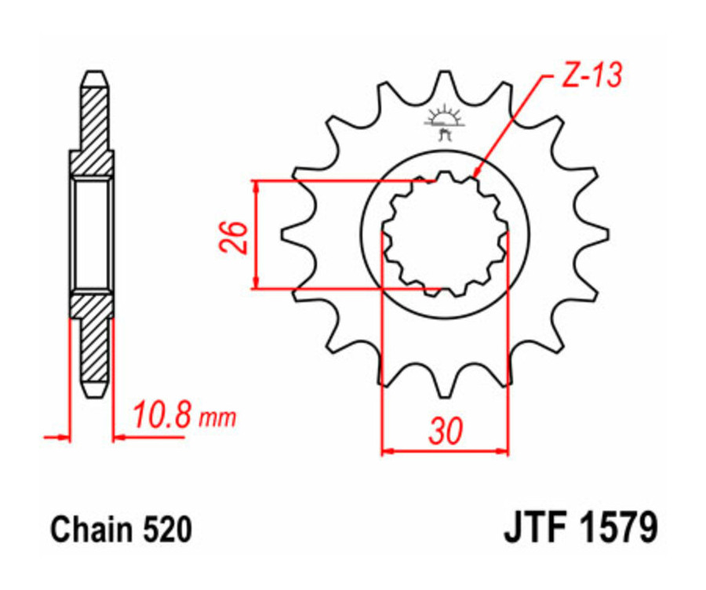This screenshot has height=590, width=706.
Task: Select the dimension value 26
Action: (x=233, y=235)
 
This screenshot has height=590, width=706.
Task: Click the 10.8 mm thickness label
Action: (x=183, y=415)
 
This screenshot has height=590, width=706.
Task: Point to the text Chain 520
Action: (x=121, y=530)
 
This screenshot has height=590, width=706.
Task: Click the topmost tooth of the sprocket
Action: (x=445, y=82)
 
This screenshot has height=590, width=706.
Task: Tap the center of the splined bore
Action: (x=445, y=233)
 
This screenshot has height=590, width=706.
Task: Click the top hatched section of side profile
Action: (x=93, y=126)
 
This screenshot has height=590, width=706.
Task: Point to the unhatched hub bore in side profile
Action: (x=93, y=233)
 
